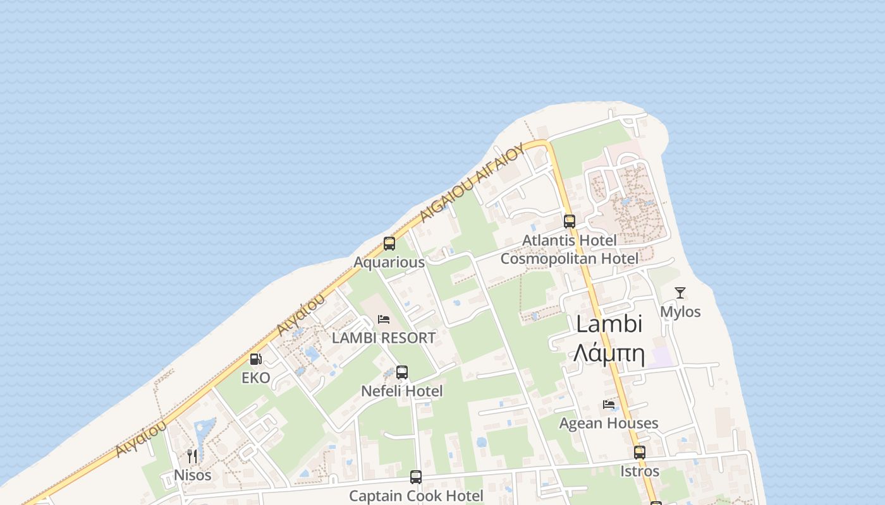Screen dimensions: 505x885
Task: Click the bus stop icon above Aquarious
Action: pos(389,244)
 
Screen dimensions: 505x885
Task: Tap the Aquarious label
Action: pos(389,262)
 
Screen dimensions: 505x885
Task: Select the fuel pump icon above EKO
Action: pos(256,359)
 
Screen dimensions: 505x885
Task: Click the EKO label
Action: pos(256,378)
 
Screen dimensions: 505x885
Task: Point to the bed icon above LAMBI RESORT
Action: pos(384,319)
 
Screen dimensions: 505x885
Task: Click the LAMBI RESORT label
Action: pos(384,338)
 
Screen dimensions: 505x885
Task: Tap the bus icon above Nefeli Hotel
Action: pos(402,372)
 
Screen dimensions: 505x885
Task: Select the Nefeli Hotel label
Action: pos(402,391)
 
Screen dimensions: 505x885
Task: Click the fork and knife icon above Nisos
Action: pos(192,456)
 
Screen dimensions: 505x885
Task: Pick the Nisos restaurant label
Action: pos(193,475)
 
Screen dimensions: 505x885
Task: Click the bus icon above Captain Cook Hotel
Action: pos(416,477)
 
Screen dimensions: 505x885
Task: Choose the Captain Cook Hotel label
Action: pos(416,496)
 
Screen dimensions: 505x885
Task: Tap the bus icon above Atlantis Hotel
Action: pos(570,222)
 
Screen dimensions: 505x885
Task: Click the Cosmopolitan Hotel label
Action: pos(570,259)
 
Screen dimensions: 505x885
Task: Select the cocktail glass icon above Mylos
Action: pos(680,293)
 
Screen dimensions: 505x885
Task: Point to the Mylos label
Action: pos(680,312)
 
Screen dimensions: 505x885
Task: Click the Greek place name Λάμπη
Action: pos(609,354)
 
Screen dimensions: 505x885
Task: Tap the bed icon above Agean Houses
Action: pos(609,405)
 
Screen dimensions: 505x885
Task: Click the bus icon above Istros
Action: pos(640,453)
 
